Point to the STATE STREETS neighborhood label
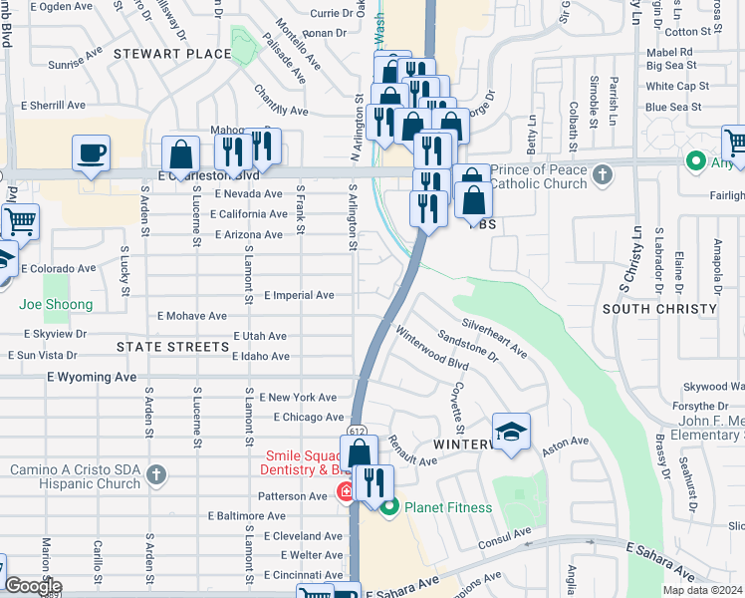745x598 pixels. pyautogui.click(x=172, y=347)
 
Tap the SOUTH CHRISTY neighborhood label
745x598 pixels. pyautogui.click(x=658, y=309)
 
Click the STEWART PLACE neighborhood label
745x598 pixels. pyautogui.click(x=172, y=53)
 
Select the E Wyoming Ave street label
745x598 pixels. pyautogui.click(x=91, y=378)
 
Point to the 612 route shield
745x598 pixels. pyautogui.click(x=355, y=429)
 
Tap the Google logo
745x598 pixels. pyautogui.click(x=33, y=586)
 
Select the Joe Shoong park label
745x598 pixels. pyautogui.click(x=56, y=305)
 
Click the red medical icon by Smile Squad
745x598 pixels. pyautogui.click(x=345, y=490)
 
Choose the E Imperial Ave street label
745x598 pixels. pyautogui.click(x=299, y=295)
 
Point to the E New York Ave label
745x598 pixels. pyautogui.click(x=299, y=397)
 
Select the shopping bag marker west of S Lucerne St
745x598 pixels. pyautogui.click(x=180, y=155)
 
